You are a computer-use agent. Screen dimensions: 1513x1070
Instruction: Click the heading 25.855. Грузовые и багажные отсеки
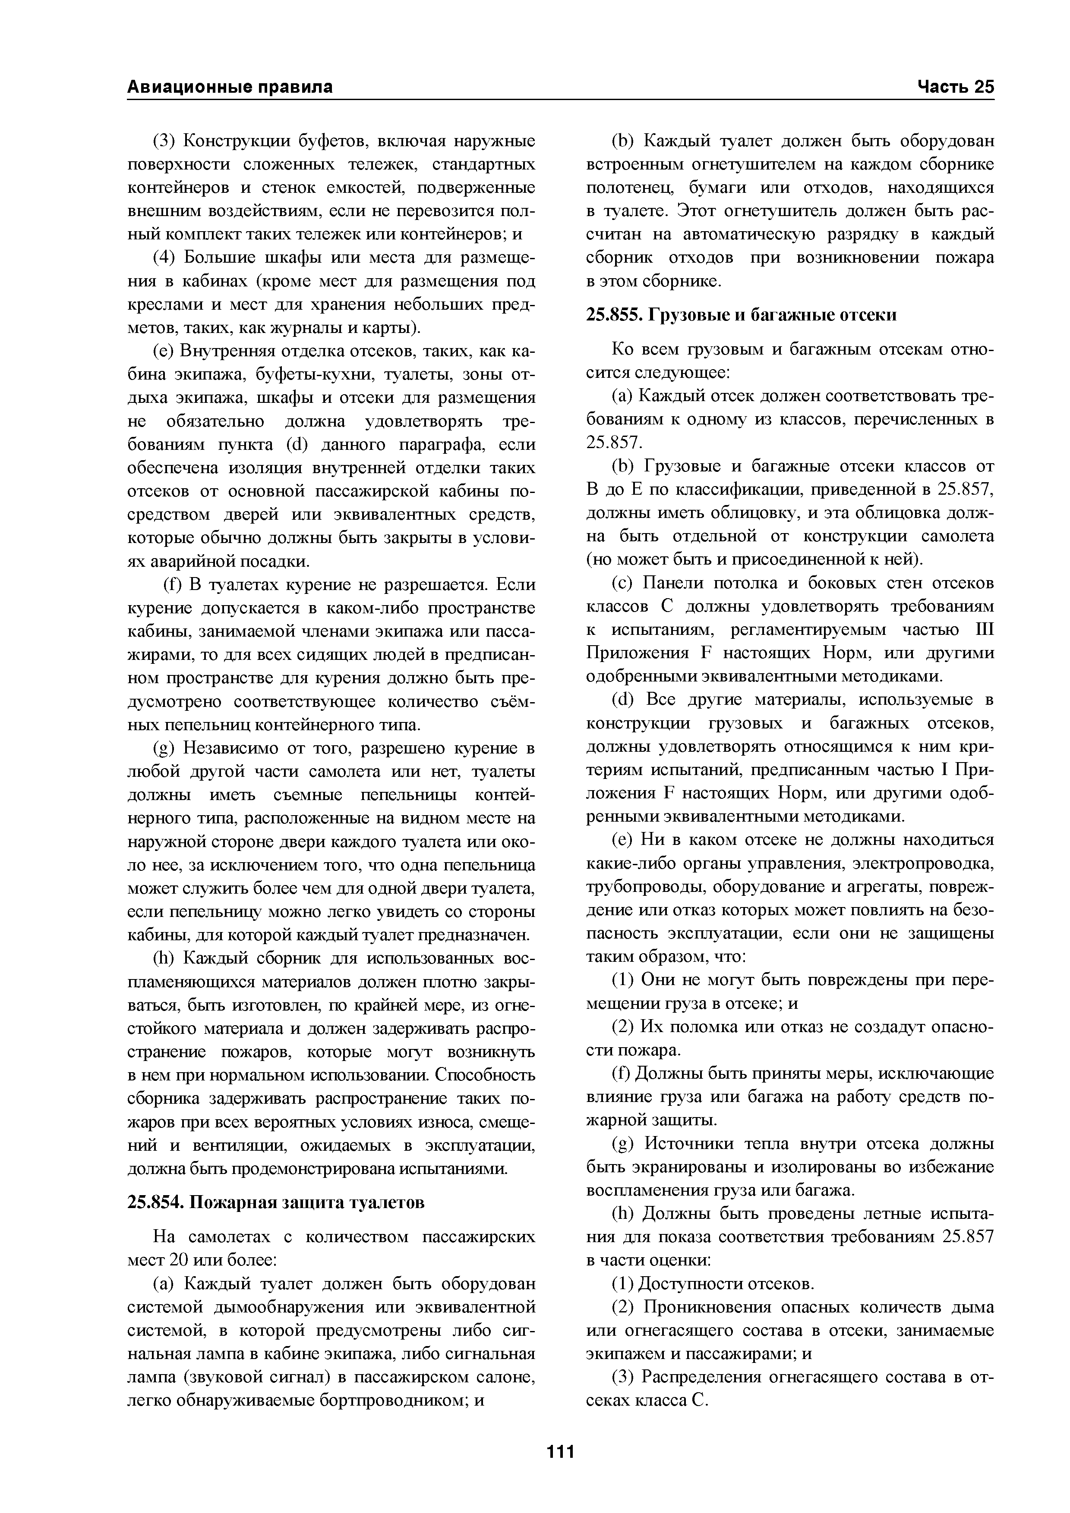pos(742,315)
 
